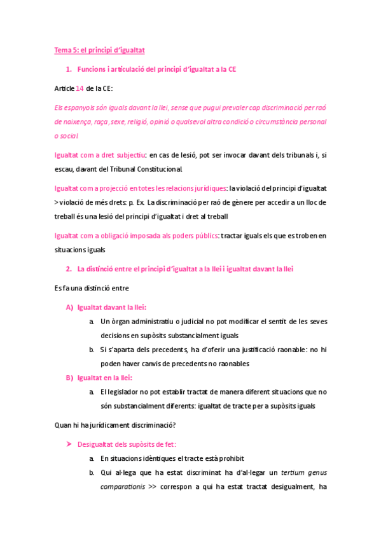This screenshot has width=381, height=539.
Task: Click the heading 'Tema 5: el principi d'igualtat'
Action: point(100,50)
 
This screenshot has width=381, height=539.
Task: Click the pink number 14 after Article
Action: point(80,88)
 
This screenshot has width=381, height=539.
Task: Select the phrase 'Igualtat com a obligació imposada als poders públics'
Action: point(136,236)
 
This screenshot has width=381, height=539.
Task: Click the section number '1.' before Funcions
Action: point(69,69)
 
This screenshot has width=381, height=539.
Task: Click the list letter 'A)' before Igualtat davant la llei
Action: point(70,308)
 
